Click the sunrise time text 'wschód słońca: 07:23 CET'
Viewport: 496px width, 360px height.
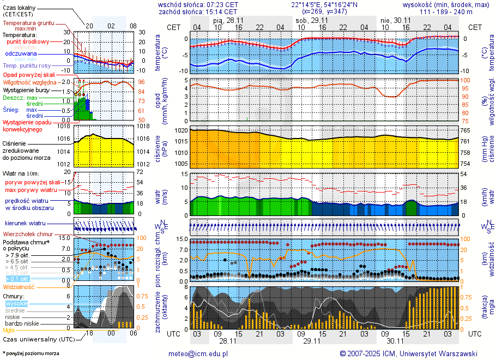click(197, 4)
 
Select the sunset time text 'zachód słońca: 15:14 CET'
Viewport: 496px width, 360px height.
click(197, 11)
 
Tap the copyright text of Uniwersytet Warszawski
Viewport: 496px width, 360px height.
click(408, 353)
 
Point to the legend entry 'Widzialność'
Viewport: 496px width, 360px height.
click(19, 286)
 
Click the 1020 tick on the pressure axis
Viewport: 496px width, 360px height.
click(181, 131)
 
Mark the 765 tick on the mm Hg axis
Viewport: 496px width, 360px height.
click(465, 131)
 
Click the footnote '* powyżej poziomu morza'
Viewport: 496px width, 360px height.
click(31, 353)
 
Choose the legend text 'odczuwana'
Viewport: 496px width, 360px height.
click(21, 54)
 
